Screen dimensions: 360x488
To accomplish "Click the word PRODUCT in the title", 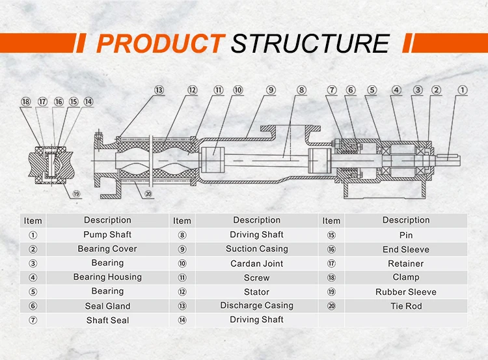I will click(x=159, y=44).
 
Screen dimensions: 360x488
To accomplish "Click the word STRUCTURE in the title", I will click(x=310, y=44).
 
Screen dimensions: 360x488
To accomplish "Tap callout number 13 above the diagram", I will click(x=159, y=90).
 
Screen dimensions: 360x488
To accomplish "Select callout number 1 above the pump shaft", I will click(x=462, y=90).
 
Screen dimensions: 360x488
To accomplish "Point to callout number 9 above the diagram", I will click(x=271, y=90).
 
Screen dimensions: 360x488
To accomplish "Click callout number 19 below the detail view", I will click(x=77, y=193).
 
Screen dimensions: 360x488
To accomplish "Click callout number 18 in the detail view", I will click(x=26, y=102).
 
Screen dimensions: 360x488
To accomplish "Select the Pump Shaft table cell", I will click(x=107, y=234).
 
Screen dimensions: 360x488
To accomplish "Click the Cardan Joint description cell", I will click(x=256, y=264).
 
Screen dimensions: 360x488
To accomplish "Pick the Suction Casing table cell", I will click(x=256, y=249).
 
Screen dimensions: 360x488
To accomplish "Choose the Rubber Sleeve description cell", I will click(x=406, y=292).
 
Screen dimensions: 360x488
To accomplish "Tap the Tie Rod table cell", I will click(x=406, y=306).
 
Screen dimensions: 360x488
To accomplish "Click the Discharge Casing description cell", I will click(x=256, y=305).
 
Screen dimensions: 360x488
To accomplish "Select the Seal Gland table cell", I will click(x=107, y=306).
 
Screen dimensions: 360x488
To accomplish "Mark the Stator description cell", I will click(x=256, y=292).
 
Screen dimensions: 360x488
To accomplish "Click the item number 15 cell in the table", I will click(x=331, y=235).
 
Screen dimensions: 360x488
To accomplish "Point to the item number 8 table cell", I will click(x=182, y=235).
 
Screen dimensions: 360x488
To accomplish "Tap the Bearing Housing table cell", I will click(x=107, y=277).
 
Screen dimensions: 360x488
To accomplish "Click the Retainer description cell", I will click(x=406, y=264).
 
